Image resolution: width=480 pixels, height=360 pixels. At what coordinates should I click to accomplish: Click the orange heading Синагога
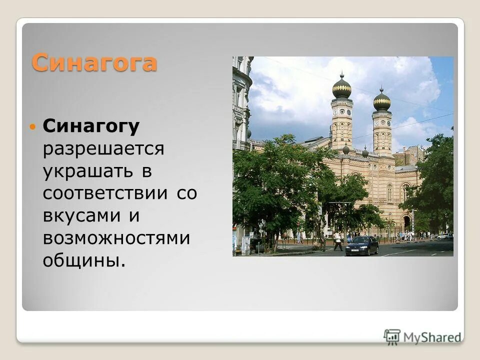pos(94,63)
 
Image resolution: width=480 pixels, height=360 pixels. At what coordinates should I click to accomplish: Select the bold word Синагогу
pos(91,127)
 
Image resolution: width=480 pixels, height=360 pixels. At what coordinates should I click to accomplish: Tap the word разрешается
pos(103,149)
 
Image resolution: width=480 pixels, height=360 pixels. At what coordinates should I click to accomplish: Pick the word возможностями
pos(116,238)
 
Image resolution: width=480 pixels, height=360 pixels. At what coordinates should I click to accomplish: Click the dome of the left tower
pos(341,89)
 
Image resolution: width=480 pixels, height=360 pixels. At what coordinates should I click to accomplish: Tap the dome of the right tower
pos(382,101)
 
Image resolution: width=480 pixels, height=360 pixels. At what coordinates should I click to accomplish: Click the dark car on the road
pos(362,245)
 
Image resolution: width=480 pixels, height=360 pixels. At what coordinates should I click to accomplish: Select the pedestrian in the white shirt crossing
pos(338,240)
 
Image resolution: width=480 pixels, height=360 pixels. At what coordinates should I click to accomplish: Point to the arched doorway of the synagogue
pos(407,222)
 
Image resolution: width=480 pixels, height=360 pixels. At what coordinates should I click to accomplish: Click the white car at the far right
pos(443,236)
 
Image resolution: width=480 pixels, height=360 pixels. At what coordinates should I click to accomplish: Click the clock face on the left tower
pos(341,111)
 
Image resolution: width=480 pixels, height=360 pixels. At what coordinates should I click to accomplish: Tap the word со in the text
pos(186,193)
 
